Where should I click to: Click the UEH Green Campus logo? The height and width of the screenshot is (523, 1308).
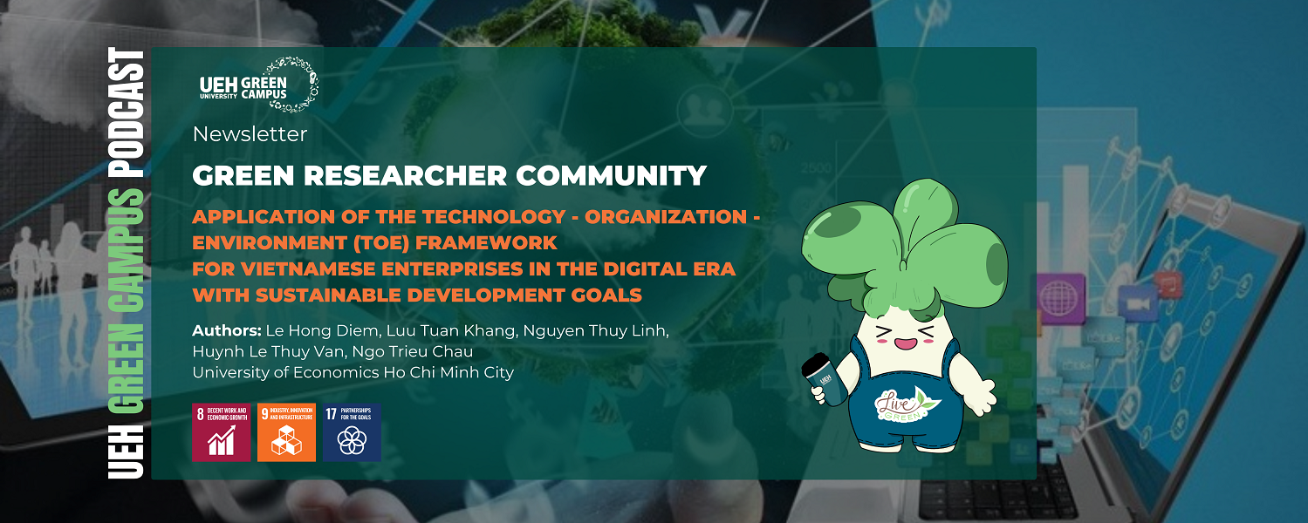(x=258, y=85)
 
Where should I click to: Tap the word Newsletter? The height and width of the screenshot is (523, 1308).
(x=250, y=134)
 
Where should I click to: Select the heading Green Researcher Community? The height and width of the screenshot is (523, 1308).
(x=449, y=176)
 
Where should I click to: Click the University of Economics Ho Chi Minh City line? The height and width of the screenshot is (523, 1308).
(x=353, y=372)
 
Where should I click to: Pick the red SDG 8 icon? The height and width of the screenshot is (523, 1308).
(x=221, y=431)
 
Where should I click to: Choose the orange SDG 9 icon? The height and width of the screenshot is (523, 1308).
(x=286, y=431)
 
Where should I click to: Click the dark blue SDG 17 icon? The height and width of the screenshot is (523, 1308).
(x=352, y=431)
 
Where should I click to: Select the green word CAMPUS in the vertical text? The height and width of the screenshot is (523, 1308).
(x=125, y=254)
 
